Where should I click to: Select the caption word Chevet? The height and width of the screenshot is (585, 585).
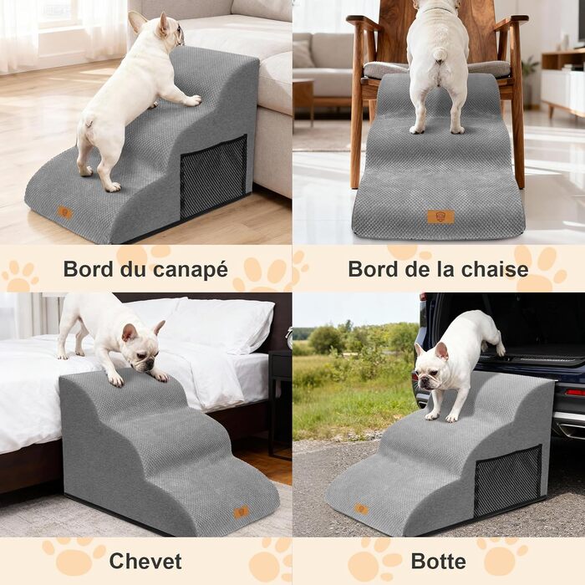pos(145,561)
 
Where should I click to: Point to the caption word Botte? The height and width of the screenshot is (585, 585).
pos(439,562)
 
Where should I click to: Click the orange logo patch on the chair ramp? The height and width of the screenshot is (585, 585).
pos(440,216)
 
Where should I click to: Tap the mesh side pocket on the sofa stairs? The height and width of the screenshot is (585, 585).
pos(213,176)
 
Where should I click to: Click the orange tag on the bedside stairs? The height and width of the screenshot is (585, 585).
pos(241,511)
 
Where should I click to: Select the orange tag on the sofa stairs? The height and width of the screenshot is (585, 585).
pos(65,212)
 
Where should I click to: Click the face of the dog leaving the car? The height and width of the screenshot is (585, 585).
pos(432,369)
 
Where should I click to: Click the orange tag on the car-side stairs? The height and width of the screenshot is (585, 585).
pos(361,509)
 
